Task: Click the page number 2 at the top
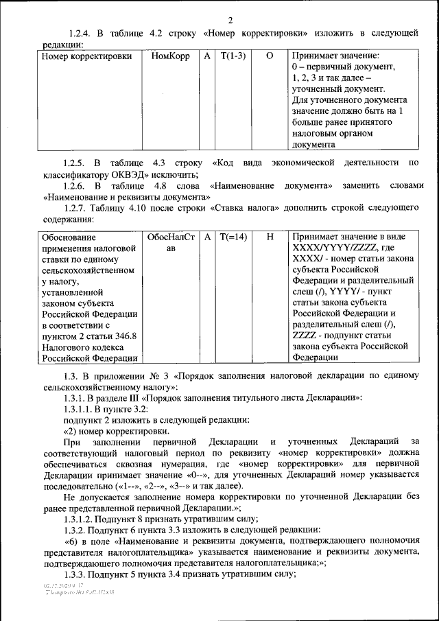[x=230, y=20]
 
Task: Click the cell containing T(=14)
[x=233, y=237]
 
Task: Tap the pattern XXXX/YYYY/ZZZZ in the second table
[x=336, y=248]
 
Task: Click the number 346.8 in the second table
[x=124, y=336]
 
